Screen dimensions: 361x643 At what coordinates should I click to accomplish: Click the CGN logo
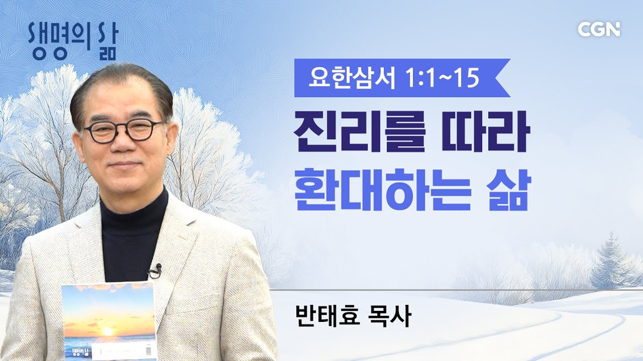point(599,29)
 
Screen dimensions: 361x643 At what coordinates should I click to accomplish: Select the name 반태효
point(327,318)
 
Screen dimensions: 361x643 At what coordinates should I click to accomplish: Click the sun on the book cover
point(108,331)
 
